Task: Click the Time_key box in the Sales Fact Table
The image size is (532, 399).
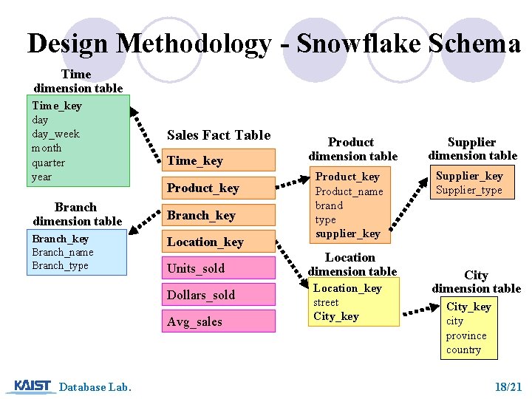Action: [219, 160]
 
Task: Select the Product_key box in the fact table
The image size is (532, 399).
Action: [219, 188]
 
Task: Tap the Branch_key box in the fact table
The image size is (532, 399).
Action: [219, 215]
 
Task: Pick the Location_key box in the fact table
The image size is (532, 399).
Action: [219, 242]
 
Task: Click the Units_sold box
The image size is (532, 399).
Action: [219, 268]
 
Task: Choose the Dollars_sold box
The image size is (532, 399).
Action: [219, 295]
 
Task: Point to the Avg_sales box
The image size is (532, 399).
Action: [219, 321]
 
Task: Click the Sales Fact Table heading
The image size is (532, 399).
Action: [219, 135]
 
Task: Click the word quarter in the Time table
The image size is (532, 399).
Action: [48, 163]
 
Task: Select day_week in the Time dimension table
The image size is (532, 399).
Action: [55, 134]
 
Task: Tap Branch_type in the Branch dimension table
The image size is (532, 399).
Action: [60, 266]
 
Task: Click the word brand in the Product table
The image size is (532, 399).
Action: [329, 205]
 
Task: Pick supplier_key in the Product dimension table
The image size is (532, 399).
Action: [347, 233]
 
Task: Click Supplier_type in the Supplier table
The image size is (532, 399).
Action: [468, 190]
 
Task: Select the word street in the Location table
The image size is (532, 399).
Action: [326, 302]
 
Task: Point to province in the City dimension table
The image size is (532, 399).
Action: [466, 335]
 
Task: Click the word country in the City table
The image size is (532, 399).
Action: [463, 349]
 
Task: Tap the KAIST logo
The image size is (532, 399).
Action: [33, 386]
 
